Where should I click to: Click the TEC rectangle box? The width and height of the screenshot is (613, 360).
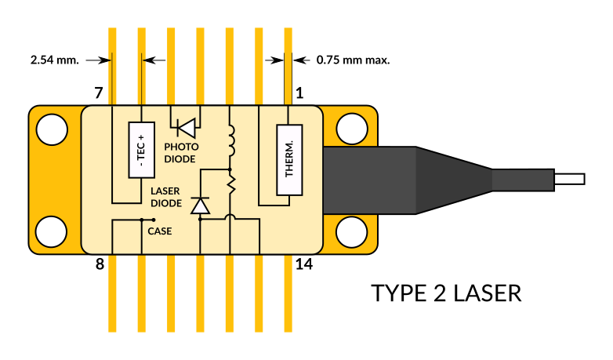pos(142,150)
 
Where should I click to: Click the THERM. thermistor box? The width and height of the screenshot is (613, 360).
pos(289,160)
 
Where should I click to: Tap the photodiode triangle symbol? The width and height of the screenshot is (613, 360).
pos(187,128)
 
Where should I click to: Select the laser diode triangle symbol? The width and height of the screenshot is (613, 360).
pos(200,205)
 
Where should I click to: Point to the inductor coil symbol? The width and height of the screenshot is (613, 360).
pos(231,140)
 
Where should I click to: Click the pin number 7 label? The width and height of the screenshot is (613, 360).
pos(99,93)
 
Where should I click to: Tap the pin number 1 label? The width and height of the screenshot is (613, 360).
pos(299,93)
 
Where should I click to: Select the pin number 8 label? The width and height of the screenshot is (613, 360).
pos(100,264)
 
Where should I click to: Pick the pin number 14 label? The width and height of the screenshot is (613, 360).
pos(304,264)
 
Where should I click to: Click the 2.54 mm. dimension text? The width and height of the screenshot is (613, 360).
pos(55,60)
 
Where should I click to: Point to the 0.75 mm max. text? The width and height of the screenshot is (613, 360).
pos(353,60)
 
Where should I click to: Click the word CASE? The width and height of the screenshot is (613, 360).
pos(159,231)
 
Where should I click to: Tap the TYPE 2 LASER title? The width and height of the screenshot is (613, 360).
pos(446,293)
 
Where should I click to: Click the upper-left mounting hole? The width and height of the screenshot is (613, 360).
pos(52,129)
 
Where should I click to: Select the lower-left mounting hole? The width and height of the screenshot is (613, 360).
pos(51,231)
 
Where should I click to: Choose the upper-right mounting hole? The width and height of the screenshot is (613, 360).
pos(352,129)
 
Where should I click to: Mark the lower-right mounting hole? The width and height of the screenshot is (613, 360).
pos(352,232)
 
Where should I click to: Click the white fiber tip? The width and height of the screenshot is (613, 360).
pos(570,180)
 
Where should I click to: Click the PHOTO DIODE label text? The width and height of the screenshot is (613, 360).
pos(181,153)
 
